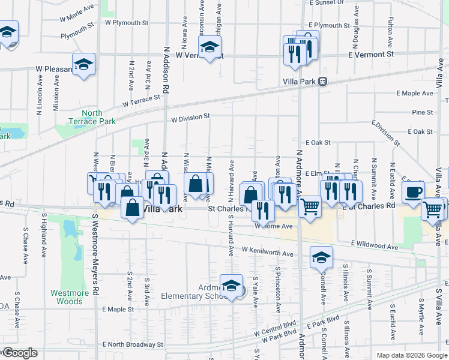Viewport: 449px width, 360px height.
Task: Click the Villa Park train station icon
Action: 323,81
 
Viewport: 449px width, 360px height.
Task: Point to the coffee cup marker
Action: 412,192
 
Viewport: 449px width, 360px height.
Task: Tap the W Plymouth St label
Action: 126,23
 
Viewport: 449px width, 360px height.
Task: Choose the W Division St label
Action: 190,117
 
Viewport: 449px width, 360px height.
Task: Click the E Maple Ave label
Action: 415,94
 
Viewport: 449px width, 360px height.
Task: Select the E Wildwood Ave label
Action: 375,246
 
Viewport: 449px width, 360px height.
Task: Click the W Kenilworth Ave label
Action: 268,251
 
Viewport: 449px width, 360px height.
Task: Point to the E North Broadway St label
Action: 133,345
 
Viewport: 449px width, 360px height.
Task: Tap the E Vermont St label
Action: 371,54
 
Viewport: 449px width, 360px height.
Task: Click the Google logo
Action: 20,353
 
